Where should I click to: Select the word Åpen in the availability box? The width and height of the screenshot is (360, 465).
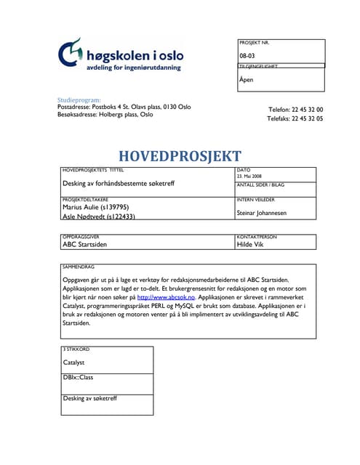tap(247, 79)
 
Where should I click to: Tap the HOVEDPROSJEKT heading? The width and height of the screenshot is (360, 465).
tap(180, 155)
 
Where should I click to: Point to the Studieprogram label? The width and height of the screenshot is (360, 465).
tap(79, 100)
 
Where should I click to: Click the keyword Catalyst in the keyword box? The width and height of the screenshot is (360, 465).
tap(74, 361)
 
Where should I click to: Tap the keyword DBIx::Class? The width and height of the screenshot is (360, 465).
tap(78, 377)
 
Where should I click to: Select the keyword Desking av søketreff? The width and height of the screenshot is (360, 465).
tap(90, 399)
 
